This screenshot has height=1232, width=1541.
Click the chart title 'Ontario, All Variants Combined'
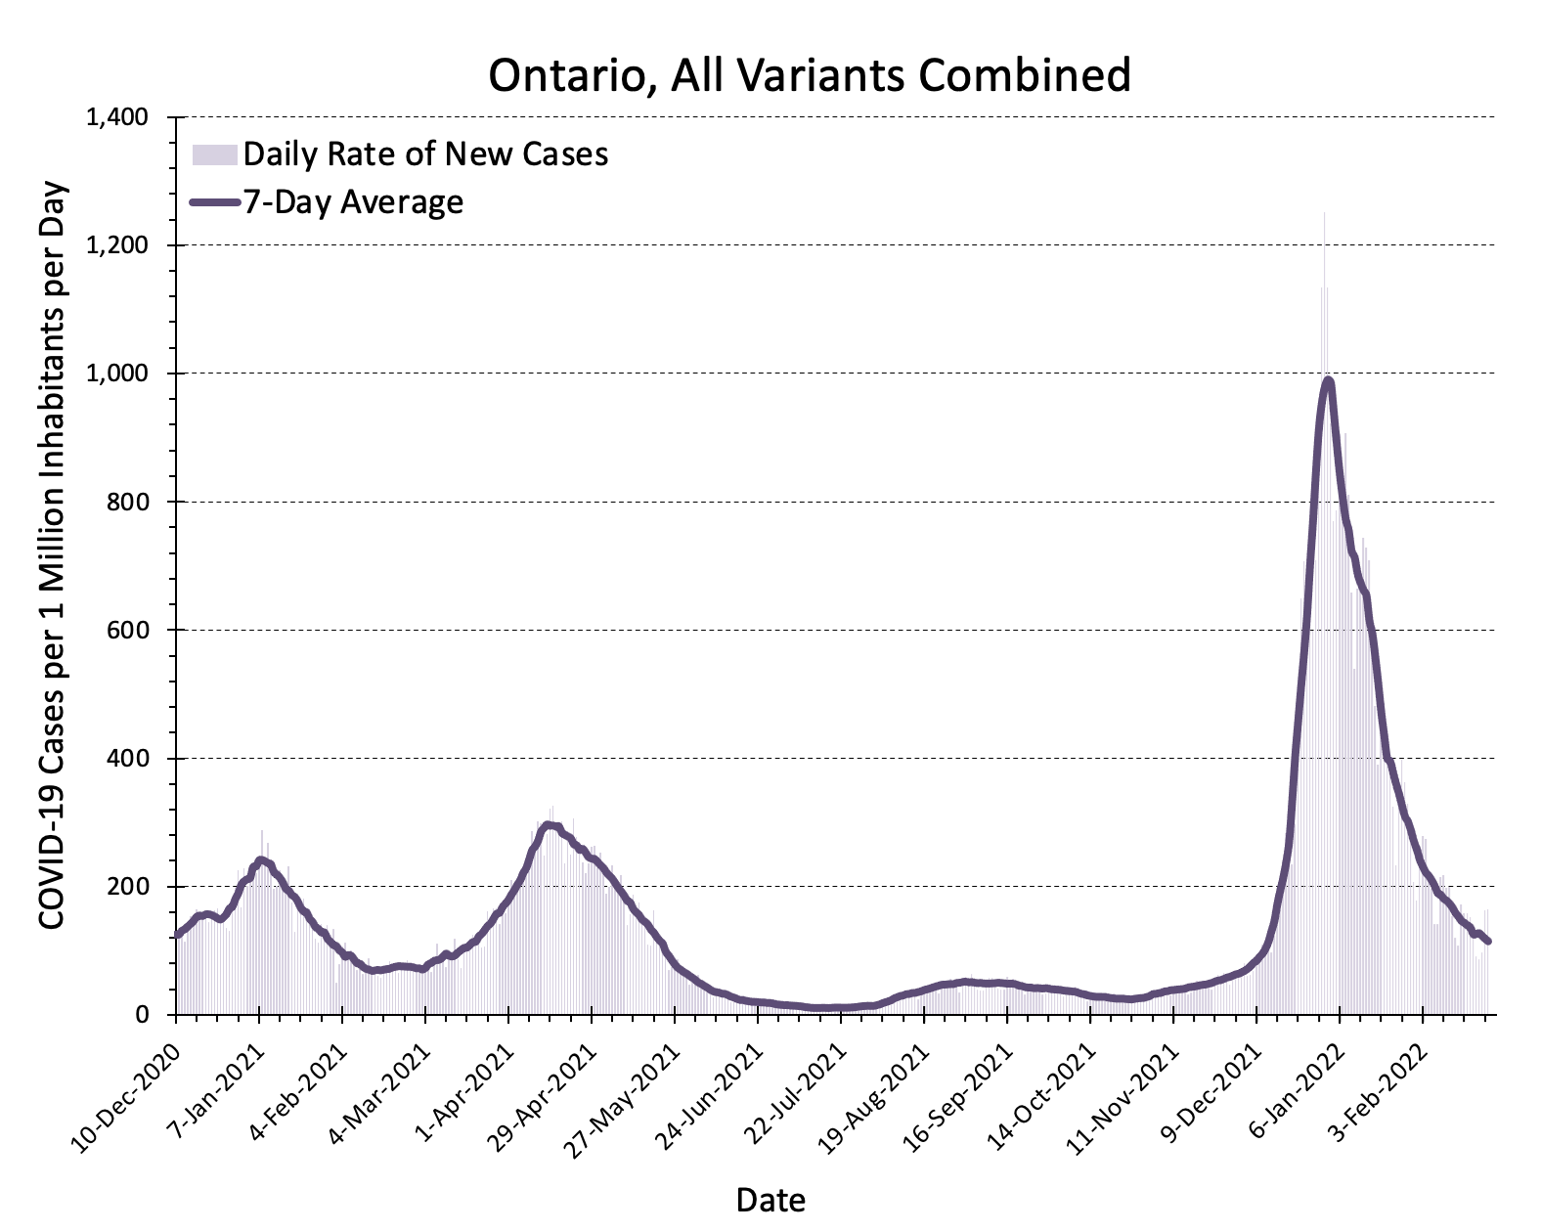coord(810,75)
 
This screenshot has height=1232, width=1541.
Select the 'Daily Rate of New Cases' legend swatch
coord(215,154)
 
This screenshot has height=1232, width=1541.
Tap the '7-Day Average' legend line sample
coord(215,202)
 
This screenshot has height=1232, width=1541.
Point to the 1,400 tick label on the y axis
coord(116,117)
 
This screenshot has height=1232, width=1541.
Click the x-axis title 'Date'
coord(770,1200)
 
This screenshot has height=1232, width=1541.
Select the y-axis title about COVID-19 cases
coord(52,554)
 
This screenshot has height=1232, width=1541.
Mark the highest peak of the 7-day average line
coord(1327,380)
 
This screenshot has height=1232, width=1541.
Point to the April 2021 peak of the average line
coord(549,824)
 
